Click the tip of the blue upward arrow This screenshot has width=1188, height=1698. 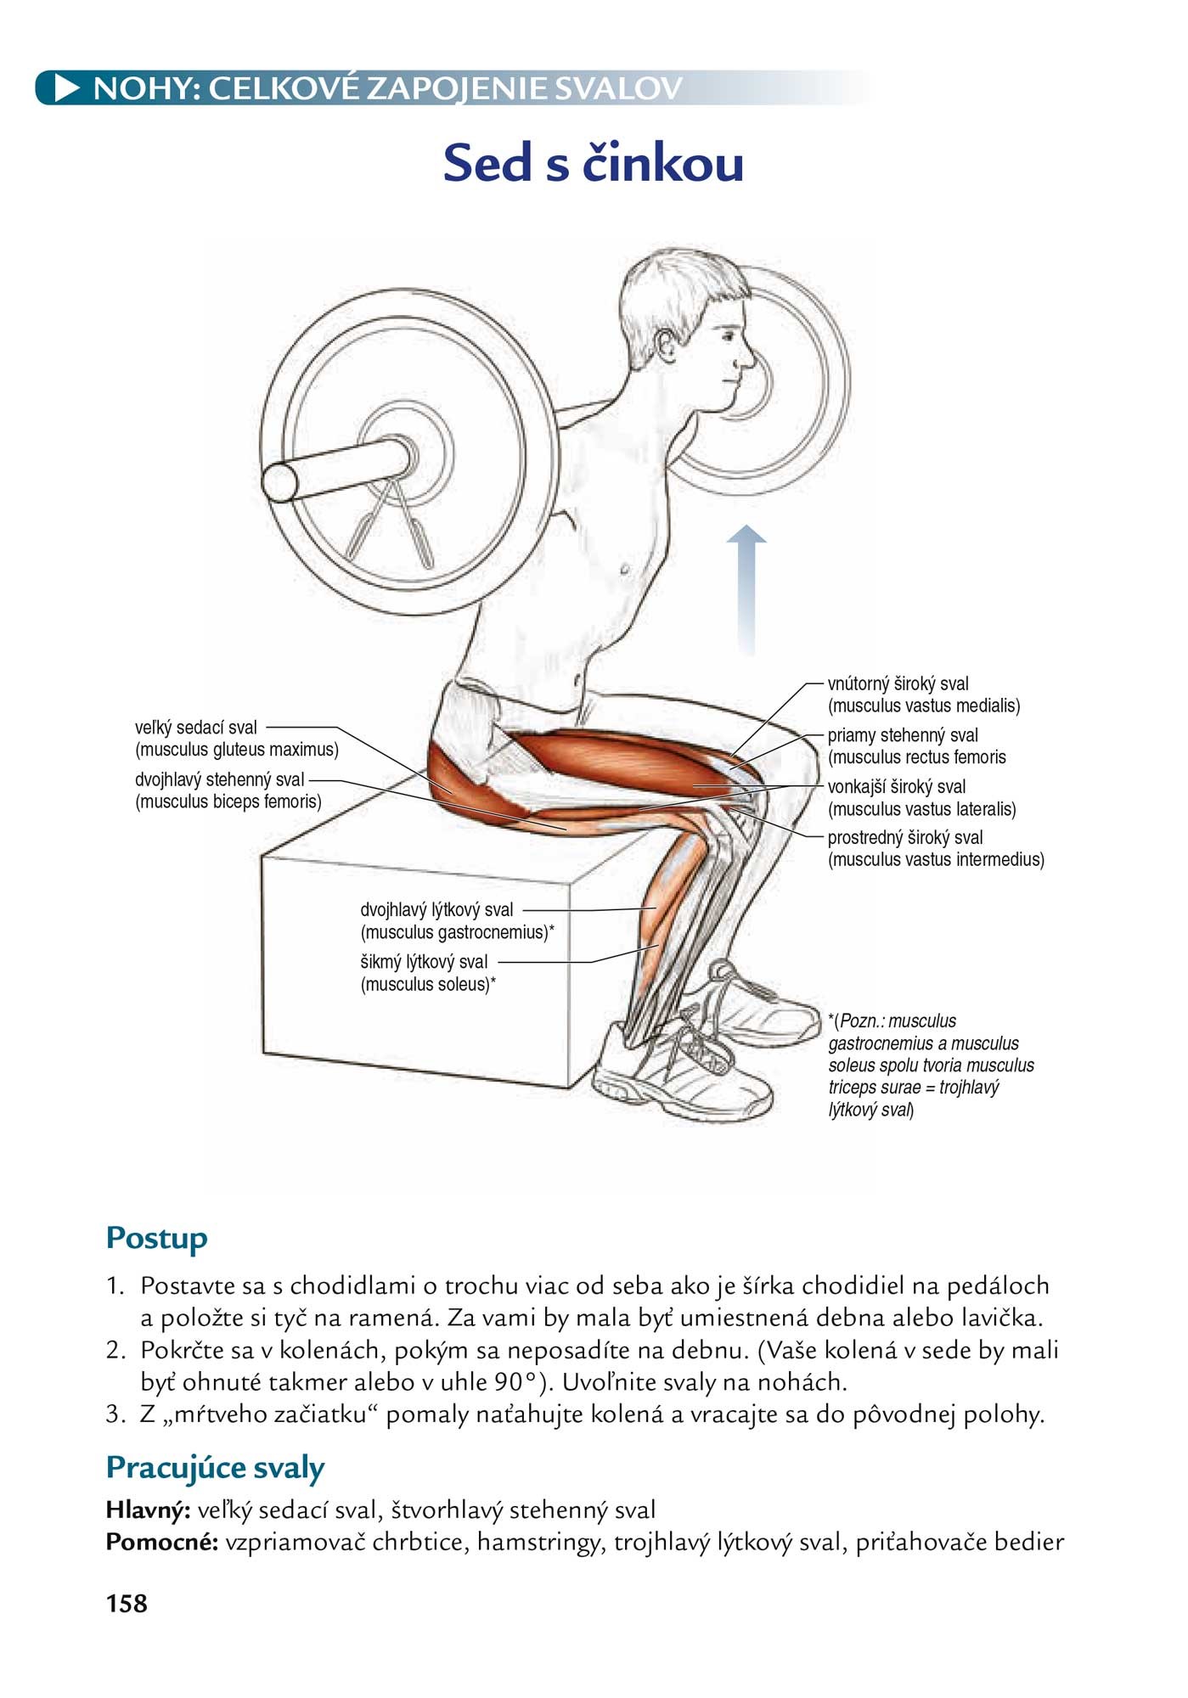tap(746, 526)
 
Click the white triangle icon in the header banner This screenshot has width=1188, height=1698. tap(67, 88)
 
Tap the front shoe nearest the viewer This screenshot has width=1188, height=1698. tap(679, 1071)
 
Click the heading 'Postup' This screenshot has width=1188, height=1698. tap(156, 1239)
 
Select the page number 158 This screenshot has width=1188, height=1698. tap(127, 1603)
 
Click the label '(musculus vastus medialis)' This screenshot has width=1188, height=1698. tap(924, 706)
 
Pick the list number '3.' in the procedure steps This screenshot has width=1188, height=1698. tap(116, 1414)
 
